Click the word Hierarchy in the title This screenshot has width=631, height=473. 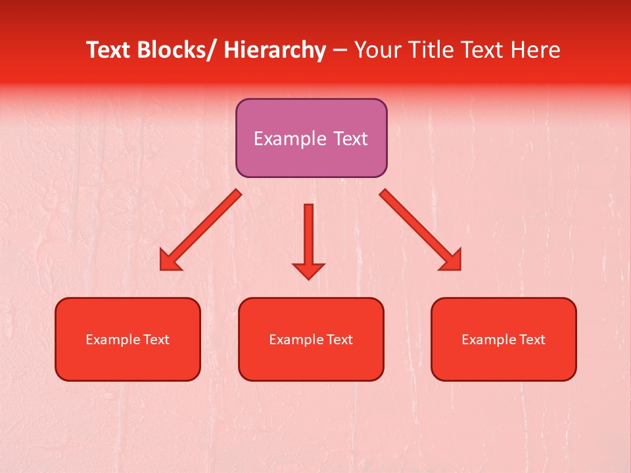(275, 50)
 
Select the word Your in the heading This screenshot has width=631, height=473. (377, 50)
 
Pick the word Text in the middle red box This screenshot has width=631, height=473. (339, 340)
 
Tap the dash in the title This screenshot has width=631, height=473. (340, 50)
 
